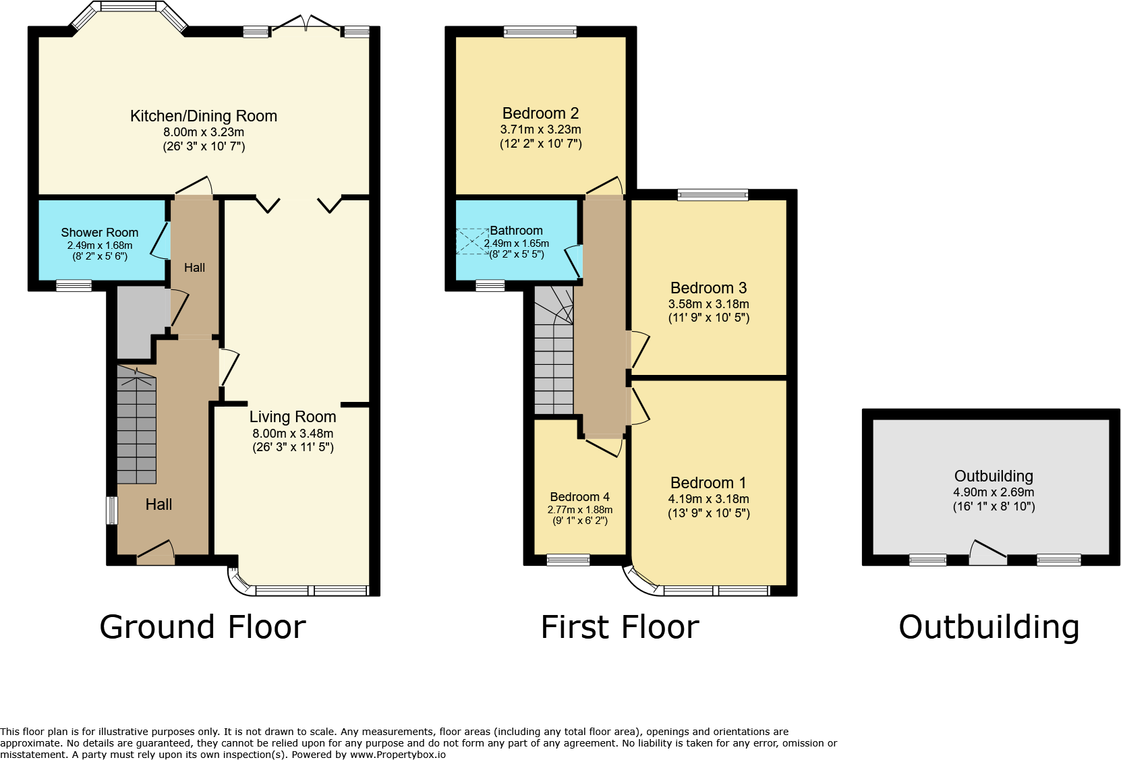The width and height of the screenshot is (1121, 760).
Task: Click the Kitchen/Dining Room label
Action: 204,116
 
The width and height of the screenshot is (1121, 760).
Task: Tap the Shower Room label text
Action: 100,233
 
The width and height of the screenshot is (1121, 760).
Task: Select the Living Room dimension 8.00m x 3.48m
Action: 293,434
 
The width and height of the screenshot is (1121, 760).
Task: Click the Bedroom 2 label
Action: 540,113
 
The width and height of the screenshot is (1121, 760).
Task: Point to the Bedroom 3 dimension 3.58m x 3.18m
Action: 709,303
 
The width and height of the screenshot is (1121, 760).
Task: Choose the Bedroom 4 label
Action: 579,497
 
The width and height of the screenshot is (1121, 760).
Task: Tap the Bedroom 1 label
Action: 708,483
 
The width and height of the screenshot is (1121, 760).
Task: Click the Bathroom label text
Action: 516,231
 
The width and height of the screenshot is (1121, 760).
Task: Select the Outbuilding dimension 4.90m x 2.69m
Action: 994,492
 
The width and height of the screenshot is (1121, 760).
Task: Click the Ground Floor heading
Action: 202,627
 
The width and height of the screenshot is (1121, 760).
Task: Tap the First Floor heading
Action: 620,627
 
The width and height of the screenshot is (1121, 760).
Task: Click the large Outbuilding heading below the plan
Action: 989,627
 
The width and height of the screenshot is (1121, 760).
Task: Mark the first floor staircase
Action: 554,350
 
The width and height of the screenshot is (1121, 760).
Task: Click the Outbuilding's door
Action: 988,554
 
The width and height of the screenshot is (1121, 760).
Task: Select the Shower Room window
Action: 74,286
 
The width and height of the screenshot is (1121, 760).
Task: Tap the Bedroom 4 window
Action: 568,560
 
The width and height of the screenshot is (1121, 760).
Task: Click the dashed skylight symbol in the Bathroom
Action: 472,241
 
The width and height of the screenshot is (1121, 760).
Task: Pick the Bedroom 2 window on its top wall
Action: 540,32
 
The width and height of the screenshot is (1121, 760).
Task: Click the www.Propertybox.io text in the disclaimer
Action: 397,755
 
